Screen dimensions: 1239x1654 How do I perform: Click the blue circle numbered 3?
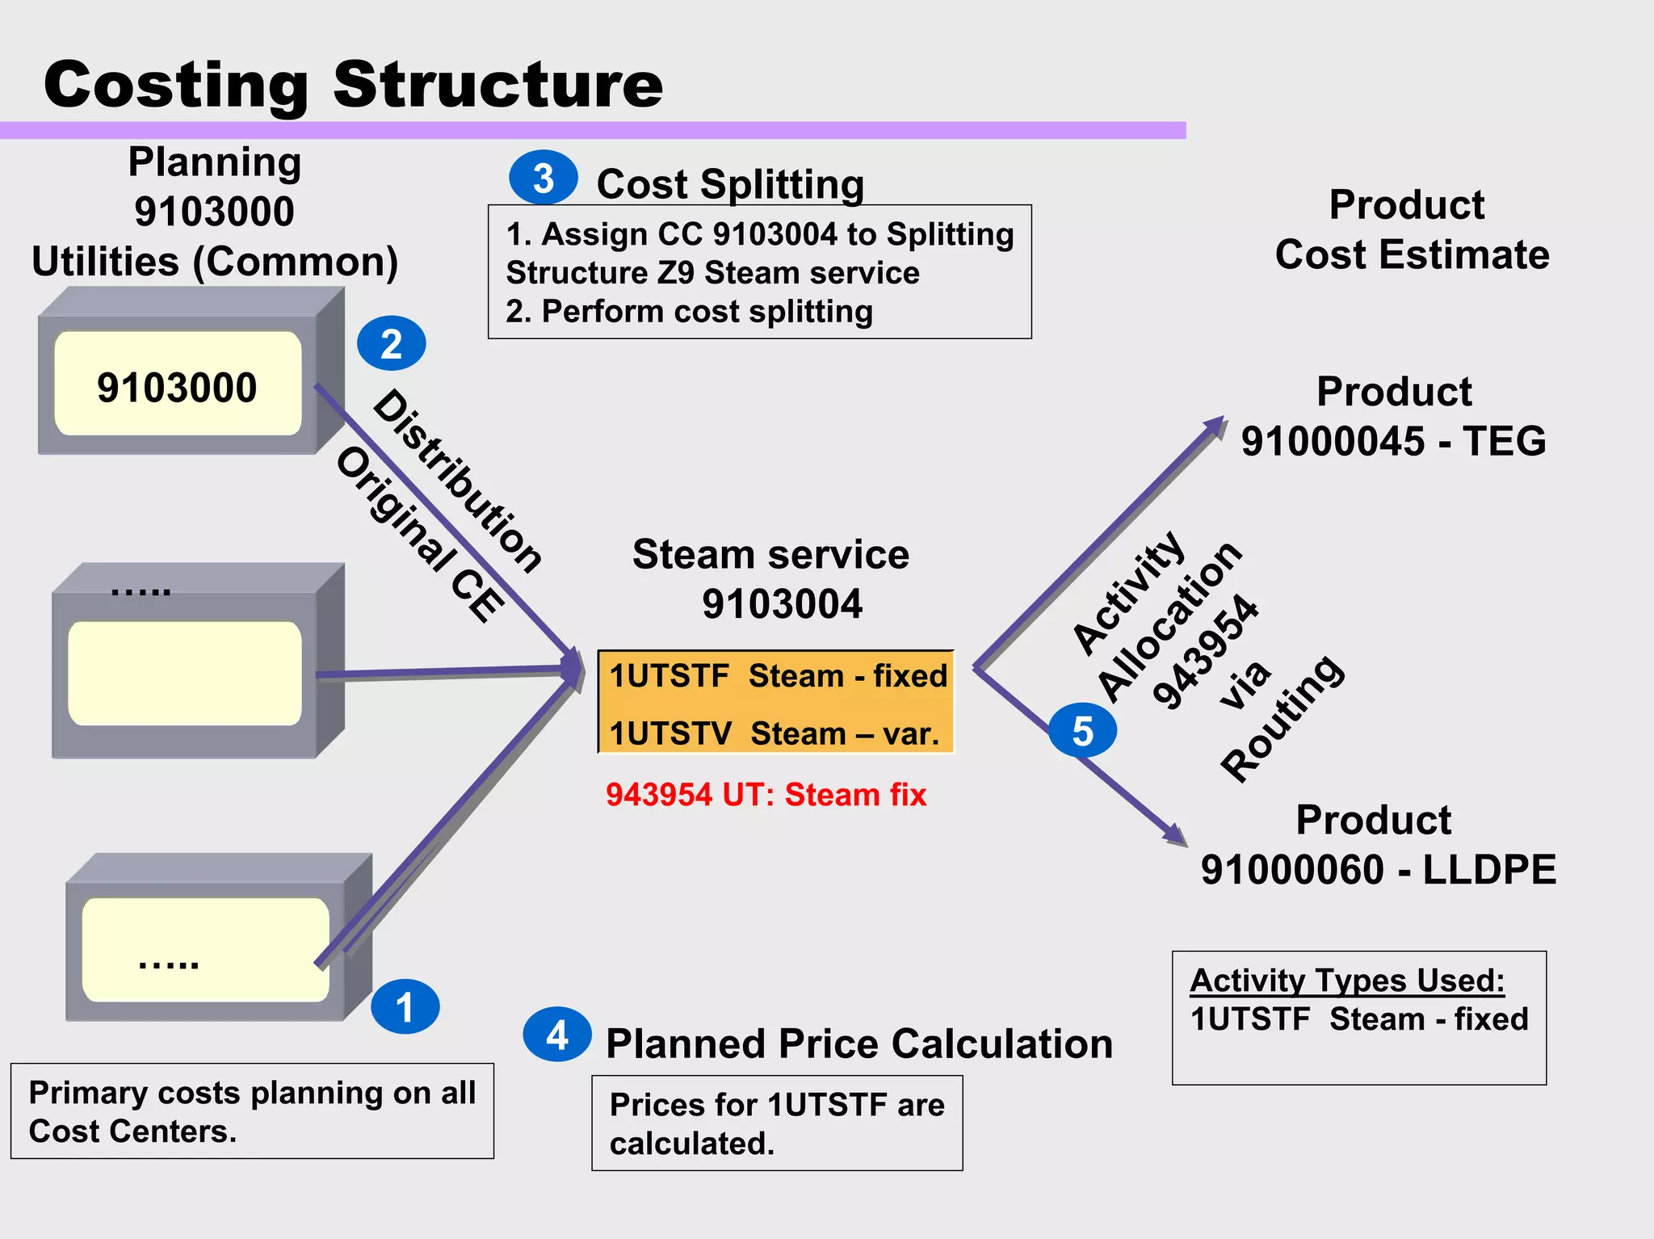point(543,178)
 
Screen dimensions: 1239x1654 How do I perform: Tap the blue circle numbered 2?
point(391,343)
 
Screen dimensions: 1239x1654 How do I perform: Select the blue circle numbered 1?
point(405,1006)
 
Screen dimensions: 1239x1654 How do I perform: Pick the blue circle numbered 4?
point(556,1035)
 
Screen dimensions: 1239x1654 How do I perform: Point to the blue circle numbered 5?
point(1082,731)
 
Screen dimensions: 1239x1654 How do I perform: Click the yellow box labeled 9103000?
point(178,384)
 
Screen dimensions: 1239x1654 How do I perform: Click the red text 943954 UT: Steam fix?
point(766,795)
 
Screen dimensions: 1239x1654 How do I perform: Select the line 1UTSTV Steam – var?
point(774,733)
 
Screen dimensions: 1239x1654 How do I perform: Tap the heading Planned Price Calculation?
point(858,1043)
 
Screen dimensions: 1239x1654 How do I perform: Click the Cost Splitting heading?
point(729,184)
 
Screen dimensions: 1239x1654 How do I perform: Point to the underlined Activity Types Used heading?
point(1346,981)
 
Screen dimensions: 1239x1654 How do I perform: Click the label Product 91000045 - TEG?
point(1393,417)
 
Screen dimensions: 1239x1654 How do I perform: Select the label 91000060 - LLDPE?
point(1378,870)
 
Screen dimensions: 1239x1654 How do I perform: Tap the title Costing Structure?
point(353,85)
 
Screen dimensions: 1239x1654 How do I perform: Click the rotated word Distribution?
point(458,481)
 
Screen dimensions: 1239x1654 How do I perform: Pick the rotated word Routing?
point(1282,717)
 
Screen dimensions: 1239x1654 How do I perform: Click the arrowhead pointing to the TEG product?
point(1216,426)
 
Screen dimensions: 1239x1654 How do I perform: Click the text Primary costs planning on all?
point(252,1092)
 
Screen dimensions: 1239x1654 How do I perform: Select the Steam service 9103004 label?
point(771,579)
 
